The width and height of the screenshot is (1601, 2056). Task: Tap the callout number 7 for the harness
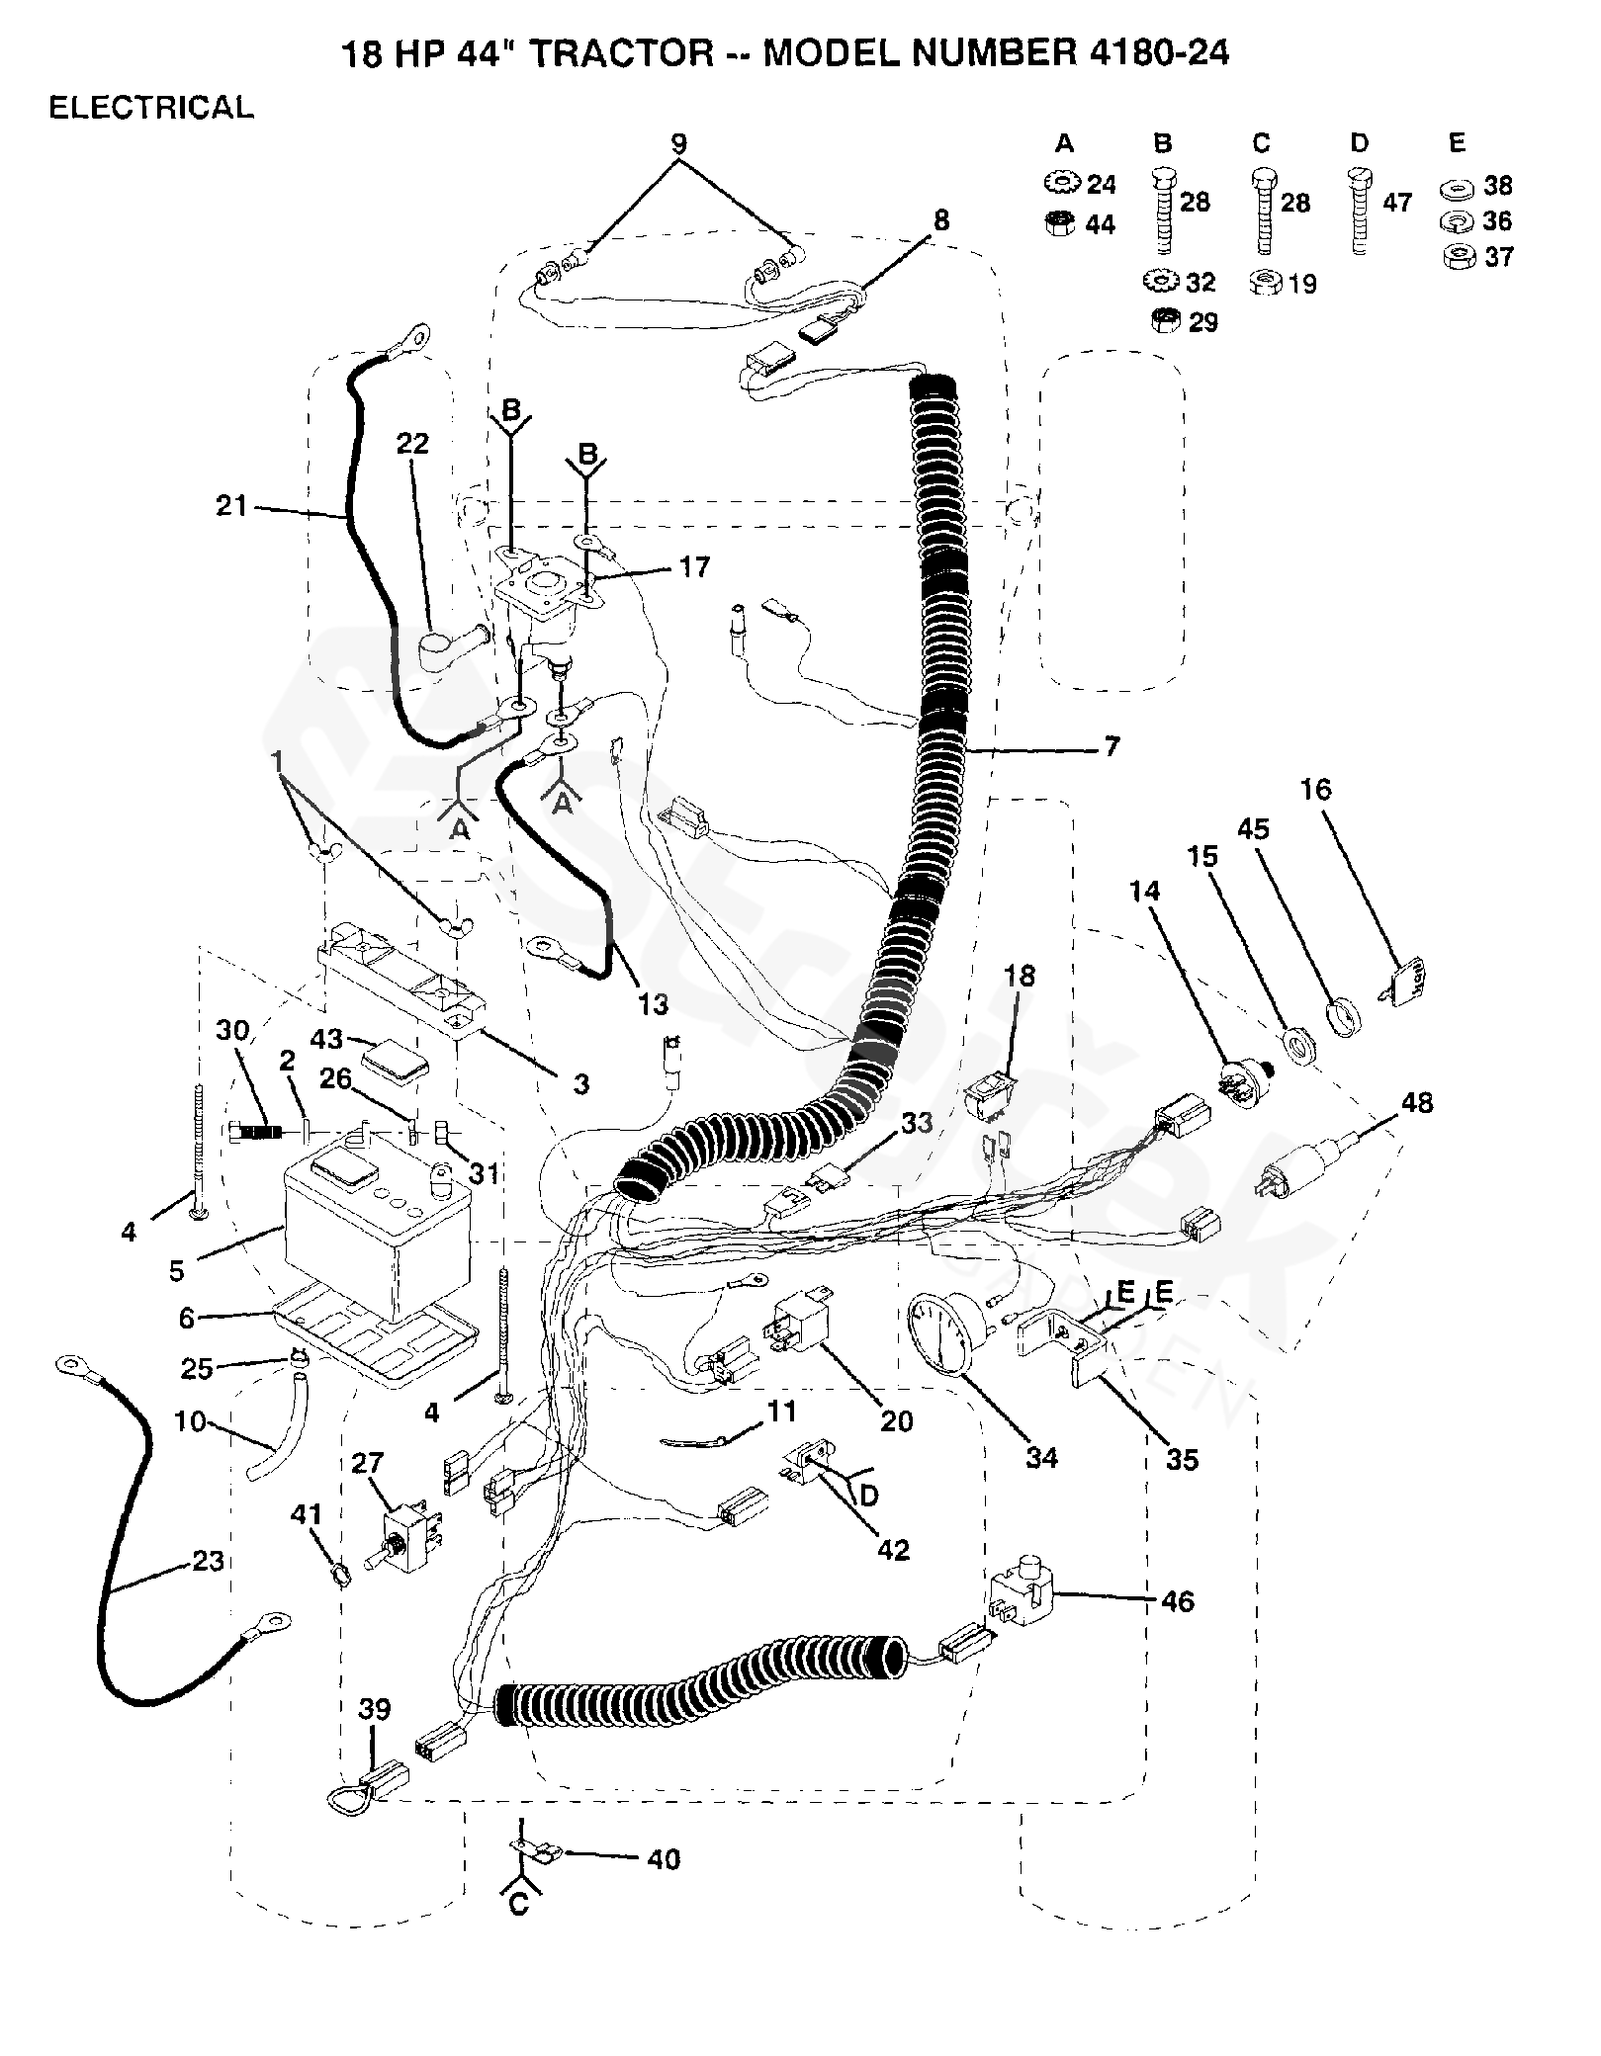pos(1112,746)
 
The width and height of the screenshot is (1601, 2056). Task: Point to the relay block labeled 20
pos(799,1321)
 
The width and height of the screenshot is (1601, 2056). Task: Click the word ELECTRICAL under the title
pos(151,107)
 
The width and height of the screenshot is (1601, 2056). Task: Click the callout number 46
pos(1176,1600)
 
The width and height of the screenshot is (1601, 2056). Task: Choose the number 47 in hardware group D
pos(1397,204)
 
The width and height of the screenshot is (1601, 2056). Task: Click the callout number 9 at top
pos(678,142)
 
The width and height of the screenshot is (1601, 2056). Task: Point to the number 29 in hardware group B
pos(1202,322)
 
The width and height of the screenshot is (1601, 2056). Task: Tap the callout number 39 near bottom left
pos(374,1708)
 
